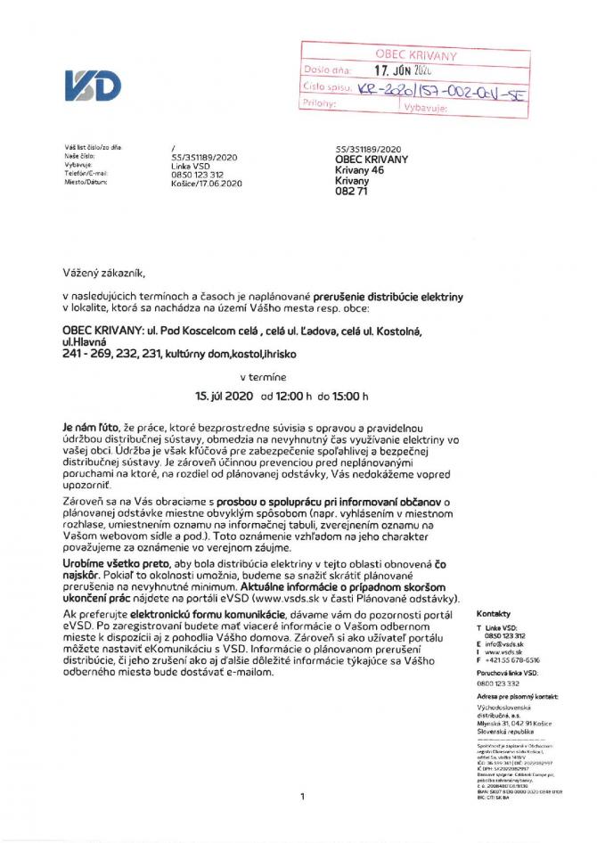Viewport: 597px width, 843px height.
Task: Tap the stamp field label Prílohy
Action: (x=320, y=104)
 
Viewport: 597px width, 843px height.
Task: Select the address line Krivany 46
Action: (x=359, y=168)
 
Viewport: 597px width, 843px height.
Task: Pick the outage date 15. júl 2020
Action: (x=225, y=395)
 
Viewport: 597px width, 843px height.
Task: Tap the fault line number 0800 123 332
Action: (x=500, y=683)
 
